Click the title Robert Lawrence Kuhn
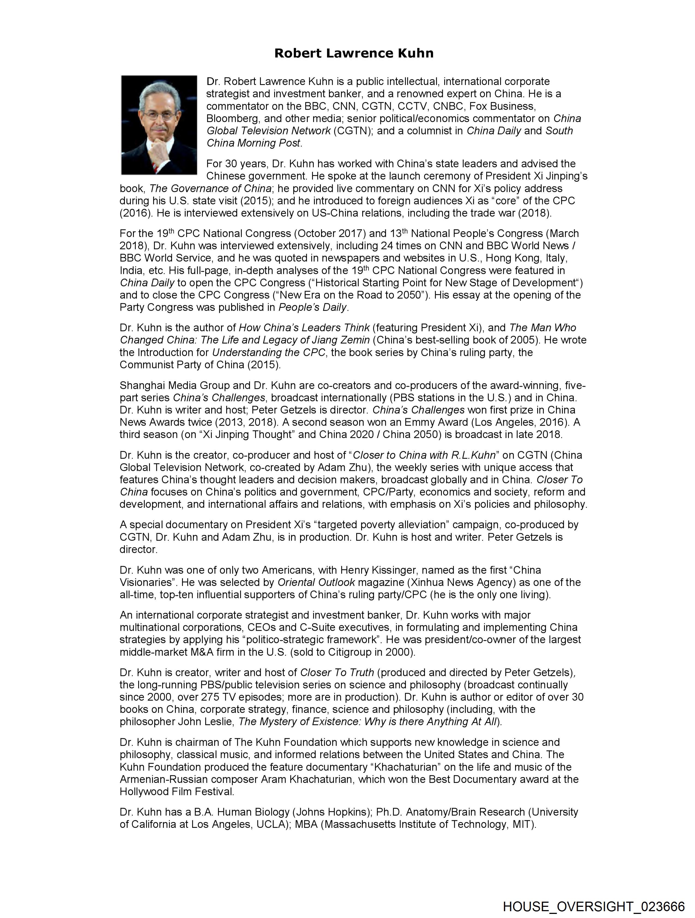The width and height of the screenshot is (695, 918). (354, 53)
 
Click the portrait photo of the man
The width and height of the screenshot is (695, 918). (159, 125)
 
